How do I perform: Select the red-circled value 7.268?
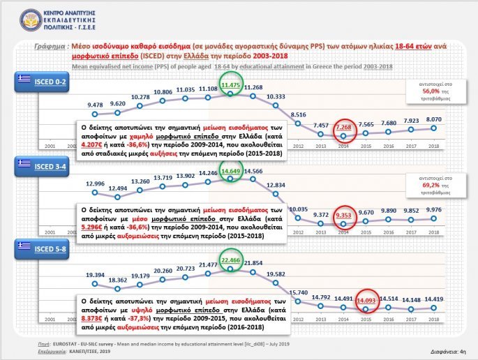click(x=343, y=128)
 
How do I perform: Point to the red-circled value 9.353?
click(x=343, y=216)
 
